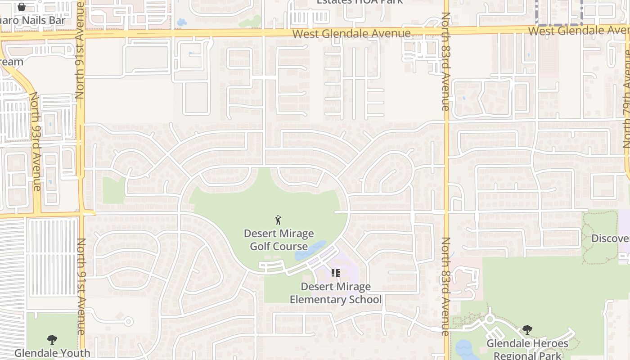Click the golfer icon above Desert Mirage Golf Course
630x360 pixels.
coord(279,220)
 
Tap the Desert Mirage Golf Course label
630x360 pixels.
coord(279,240)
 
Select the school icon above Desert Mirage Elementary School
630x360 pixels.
coord(336,273)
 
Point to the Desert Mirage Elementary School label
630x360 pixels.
coord(336,293)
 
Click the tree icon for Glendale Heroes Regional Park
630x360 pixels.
coord(527,330)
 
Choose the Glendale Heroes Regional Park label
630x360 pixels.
coord(527,350)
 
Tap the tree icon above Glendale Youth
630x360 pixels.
coord(52,339)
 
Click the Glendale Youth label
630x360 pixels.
coord(52,353)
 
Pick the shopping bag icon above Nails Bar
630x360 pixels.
coord(22,7)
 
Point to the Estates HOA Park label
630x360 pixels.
coord(360,2)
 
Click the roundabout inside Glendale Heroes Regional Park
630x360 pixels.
coord(490,319)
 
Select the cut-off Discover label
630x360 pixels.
coord(610,238)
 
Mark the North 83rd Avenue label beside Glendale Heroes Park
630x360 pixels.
coord(445,286)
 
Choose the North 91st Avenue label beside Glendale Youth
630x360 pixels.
coord(81,286)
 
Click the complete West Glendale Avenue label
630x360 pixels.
coord(351,34)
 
